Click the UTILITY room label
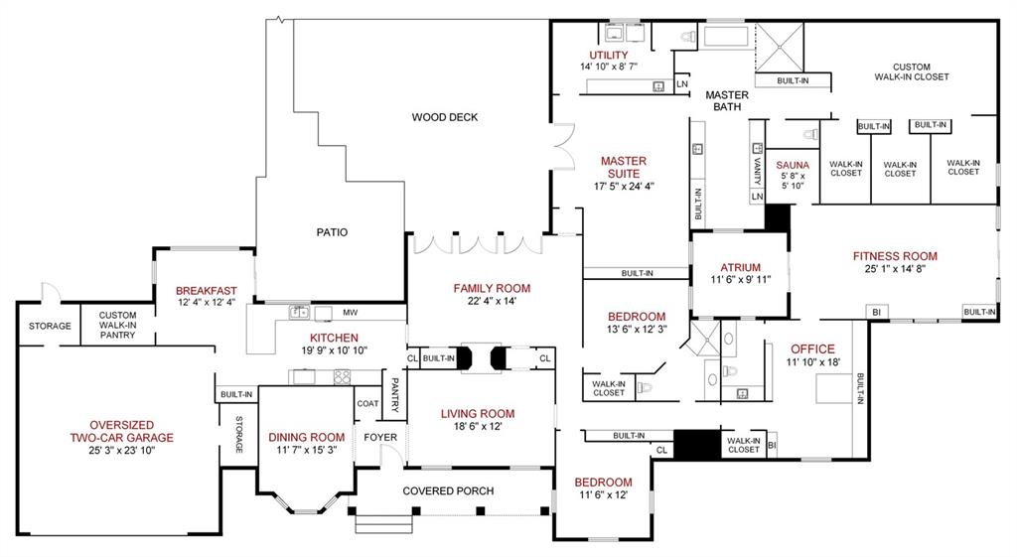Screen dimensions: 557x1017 tap(608, 55)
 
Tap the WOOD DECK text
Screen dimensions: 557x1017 tap(445, 117)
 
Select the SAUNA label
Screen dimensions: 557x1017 tap(793, 165)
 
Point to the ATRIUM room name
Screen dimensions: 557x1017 tap(740, 267)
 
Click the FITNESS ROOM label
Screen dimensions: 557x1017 tap(895, 256)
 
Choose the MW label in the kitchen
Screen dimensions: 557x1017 tap(350, 313)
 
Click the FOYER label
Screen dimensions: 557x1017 tap(380, 437)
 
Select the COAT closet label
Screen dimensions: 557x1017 tap(367, 403)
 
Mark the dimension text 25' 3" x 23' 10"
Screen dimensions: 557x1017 tap(121, 450)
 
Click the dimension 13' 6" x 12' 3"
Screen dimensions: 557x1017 tap(630, 330)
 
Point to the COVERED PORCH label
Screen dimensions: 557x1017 tap(448, 490)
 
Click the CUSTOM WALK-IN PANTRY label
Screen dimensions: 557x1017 tap(117, 326)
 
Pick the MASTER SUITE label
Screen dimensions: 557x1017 tap(623, 167)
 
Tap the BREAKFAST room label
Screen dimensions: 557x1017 tap(207, 290)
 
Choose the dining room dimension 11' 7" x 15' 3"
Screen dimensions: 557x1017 tap(307, 450)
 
